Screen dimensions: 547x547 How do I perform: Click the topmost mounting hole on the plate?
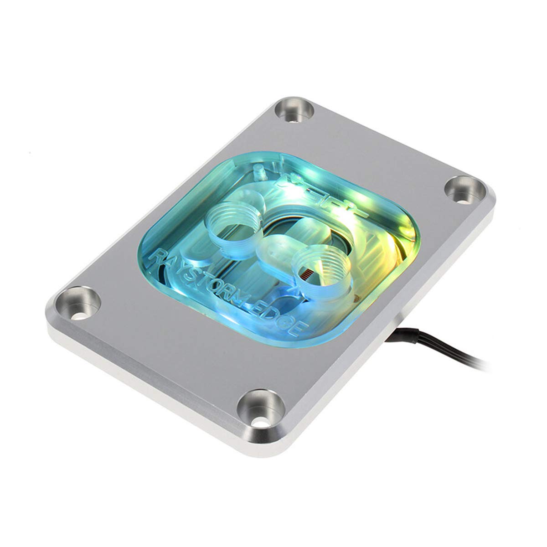pyautogui.click(x=293, y=112)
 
